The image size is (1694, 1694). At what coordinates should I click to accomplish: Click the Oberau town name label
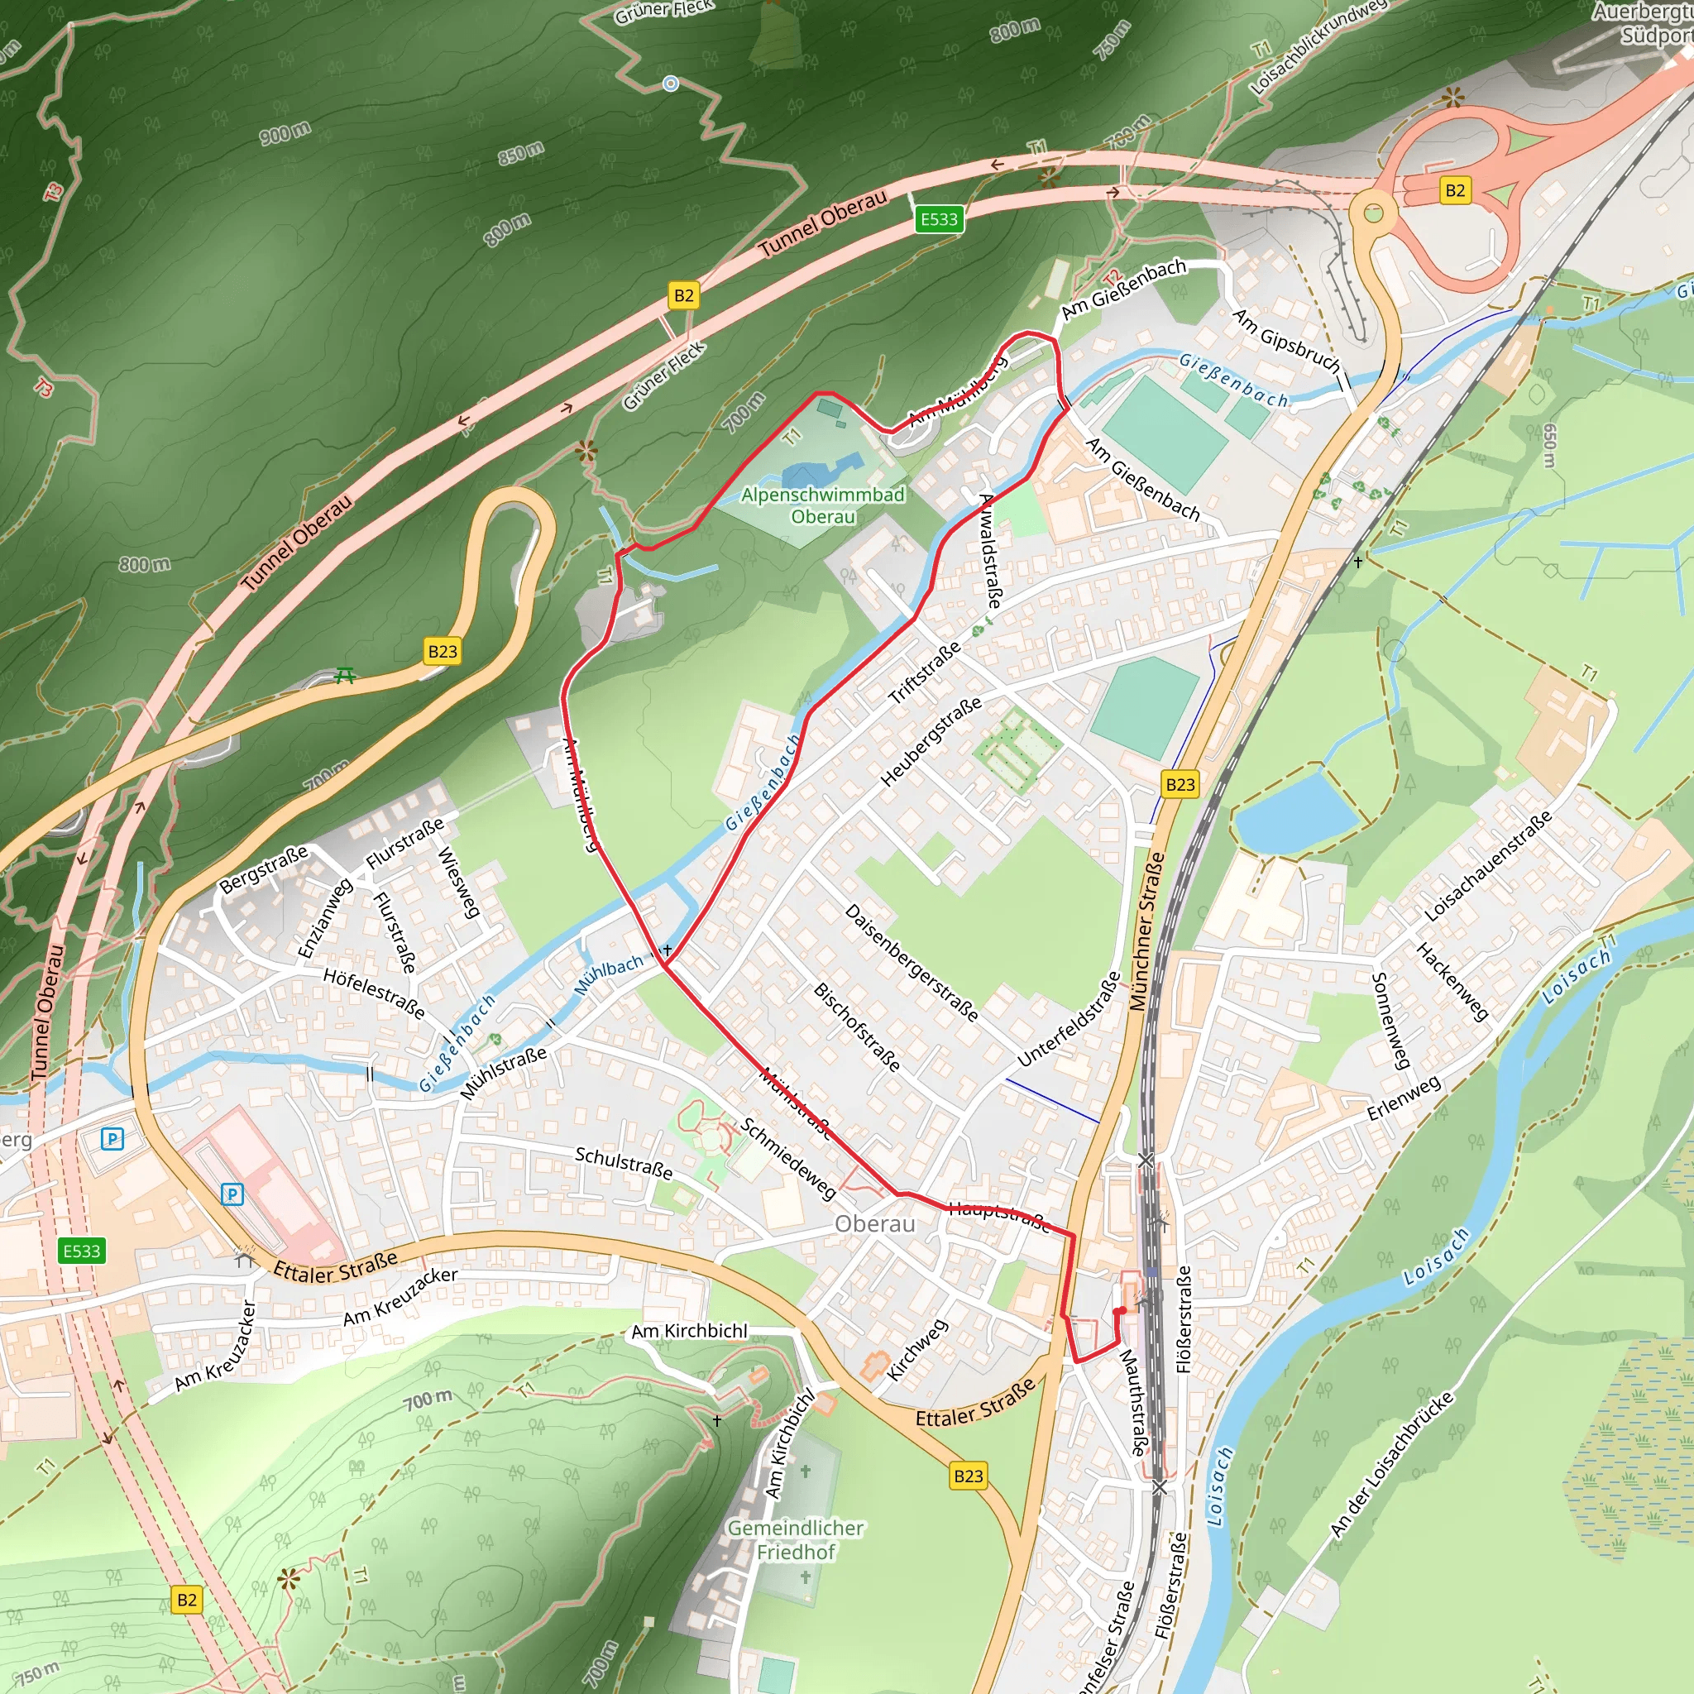pyautogui.click(x=874, y=1224)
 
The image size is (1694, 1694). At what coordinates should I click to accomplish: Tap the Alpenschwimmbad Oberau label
pyautogui.click(x=822, y=506)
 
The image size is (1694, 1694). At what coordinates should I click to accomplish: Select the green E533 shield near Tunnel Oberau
pyautogui.click(x=938, y=219)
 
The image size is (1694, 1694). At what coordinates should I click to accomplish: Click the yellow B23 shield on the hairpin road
pyautogui.click(x=442, y=652)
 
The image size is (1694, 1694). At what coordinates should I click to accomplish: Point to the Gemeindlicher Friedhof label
pyautogui.click(x=795, y=1539)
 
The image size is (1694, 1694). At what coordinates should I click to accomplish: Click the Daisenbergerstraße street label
pyautogui.click(x=911, y=963)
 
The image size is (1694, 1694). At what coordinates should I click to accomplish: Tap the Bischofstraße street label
pyautogui.click(x=857, y=1026)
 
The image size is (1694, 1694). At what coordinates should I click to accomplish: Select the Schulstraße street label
pyautogui.click(x=624, y=1163)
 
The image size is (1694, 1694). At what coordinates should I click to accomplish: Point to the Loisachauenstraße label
pyautogui.click(x=1487, y=865)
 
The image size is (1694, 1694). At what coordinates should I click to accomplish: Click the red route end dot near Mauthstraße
pyautogui.click(x=1120, y=1312)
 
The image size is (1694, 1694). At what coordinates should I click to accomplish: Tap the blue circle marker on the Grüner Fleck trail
pyautogui.click(x=671, y=84)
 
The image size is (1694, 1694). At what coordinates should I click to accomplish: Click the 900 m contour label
pyautogui.click(x=285, y=133)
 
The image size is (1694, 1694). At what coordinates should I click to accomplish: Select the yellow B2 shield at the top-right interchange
pyautogui.click(x=1455, y=190)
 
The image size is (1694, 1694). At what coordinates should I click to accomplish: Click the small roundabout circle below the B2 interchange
pyautogui.click(x=1372, y=213)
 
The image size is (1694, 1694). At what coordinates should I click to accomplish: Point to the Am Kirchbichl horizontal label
pyautogui.click(x=689, y=1331)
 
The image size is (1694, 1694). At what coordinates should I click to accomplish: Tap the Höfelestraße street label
pyautogui.click(x=374, y=993)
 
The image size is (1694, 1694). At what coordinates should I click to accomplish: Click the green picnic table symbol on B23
pyautogui.click(x=346, y=675)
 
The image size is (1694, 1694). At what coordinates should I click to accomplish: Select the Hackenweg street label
pyautogui.click(x=1452, y=982)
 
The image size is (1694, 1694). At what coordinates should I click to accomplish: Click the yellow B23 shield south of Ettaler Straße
pyautogui.click(x=968, y=1476)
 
